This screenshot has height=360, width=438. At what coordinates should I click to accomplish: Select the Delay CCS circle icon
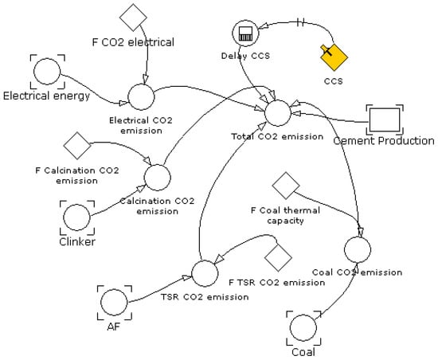pyautogui.click(x=242, y=34)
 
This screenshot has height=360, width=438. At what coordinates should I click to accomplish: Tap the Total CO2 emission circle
pyautogui.click(x=278, y=112)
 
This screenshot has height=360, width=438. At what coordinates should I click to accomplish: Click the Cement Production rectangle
pyautogui.click(x=384, y=119)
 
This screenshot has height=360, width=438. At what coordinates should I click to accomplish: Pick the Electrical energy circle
pyautogui.click(x=46, y=72)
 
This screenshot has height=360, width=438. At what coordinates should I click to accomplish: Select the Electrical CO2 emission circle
pyautogui.click(x=141, y=96)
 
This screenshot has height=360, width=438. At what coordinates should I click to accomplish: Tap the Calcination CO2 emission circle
pyautogui.click(x=157, y=177)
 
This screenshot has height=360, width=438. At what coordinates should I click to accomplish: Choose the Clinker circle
pyautogui.click(x=77, y=216)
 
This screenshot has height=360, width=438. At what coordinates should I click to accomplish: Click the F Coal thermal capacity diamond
pyautogui.click(x=284, y=186)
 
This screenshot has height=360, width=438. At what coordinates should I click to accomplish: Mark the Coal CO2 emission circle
pyautogui.click(x=358, y=249)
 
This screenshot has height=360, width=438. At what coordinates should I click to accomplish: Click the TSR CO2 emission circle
pyautogui.click(x=205, y=272)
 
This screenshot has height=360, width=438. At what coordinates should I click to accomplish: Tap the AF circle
pyautogui.click(x=114, y=302)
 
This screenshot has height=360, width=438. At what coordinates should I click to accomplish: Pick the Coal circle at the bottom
pyautogui.click(x=303, y=327)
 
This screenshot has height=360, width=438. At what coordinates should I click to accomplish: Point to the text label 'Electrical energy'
pyautogui.click(x=46, y=96)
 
